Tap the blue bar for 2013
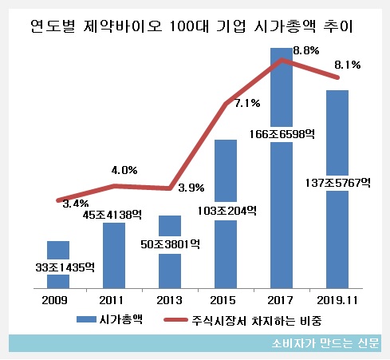coord(170,263)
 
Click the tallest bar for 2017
coord(282,176)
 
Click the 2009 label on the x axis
coord(58,300)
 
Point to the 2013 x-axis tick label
coord(170,300)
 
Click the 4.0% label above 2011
coord(124,170)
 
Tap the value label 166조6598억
coord(282,134)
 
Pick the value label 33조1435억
coord(58,267)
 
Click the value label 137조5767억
coord(337,182)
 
